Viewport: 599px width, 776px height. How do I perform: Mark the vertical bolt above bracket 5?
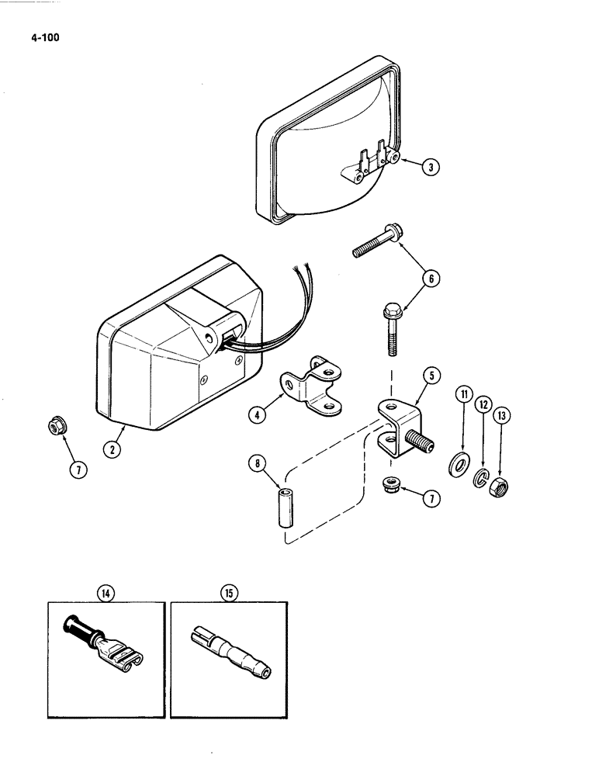(390, 329)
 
